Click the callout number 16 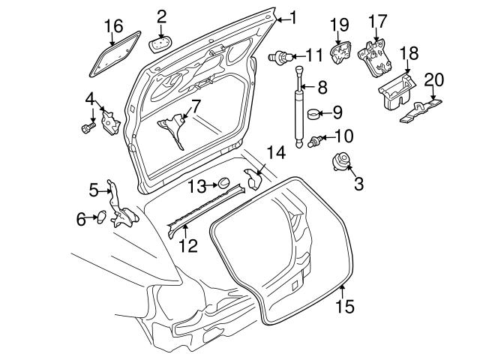tap(113, 28)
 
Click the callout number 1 tap(293, 16)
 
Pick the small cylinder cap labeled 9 tap(313, 114)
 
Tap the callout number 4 tap(89, 98)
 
